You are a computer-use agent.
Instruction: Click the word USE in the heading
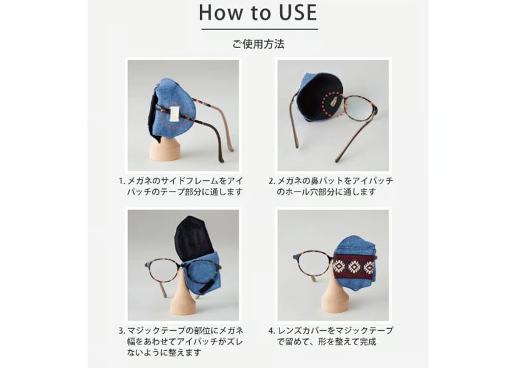(293, 13)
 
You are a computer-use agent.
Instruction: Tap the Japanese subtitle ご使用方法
(259, 44)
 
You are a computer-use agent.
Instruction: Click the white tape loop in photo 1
(174, 113)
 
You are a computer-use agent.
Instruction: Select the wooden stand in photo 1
(165, 149)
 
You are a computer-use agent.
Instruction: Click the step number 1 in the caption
(121, 181)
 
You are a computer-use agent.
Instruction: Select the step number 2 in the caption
(271, 181)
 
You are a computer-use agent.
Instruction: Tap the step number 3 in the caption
(121, 331)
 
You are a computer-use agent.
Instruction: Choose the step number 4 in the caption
(271, 331)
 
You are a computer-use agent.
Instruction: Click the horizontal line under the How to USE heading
(260, 29)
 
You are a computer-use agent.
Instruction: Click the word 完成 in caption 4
(367, 342)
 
